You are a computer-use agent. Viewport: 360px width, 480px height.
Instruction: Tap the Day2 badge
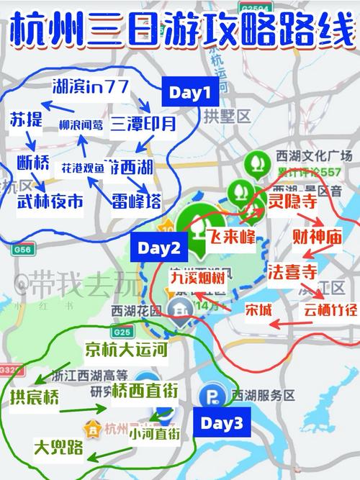click(159, 248)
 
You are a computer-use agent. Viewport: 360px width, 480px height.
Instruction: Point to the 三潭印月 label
click(143, 124)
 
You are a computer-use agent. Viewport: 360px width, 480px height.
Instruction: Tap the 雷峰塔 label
click(135, 200)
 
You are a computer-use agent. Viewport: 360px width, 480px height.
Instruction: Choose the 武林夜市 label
click(50, 202)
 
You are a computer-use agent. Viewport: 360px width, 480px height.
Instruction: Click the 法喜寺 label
click(293, 273)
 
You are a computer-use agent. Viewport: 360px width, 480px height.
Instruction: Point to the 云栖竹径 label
click(330, 310)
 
